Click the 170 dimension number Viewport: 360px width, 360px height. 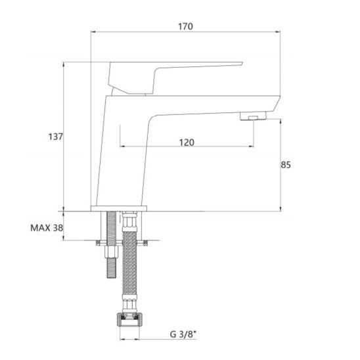point(185,27)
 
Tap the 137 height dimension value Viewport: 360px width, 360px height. point(56,137)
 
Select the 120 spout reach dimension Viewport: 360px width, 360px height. point(187,143)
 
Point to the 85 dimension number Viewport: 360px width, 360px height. point(286,165)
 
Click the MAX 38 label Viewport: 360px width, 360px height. point(47,228)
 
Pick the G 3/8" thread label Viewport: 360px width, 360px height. point(183,334)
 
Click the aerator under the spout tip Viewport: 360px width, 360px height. point(253,116)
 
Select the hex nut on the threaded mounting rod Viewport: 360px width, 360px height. point(112,252)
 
